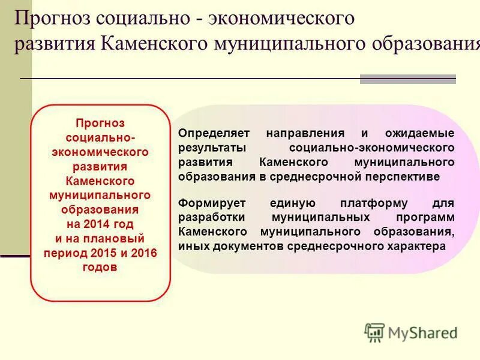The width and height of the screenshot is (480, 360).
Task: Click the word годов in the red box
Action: coord(100,268)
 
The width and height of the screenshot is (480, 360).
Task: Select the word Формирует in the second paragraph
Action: coord(208,203)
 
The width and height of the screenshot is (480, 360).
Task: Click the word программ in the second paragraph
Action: coord(427,217)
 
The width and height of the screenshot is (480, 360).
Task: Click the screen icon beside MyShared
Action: coord(374,332)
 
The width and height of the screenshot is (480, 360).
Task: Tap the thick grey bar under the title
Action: coord(407,79)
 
